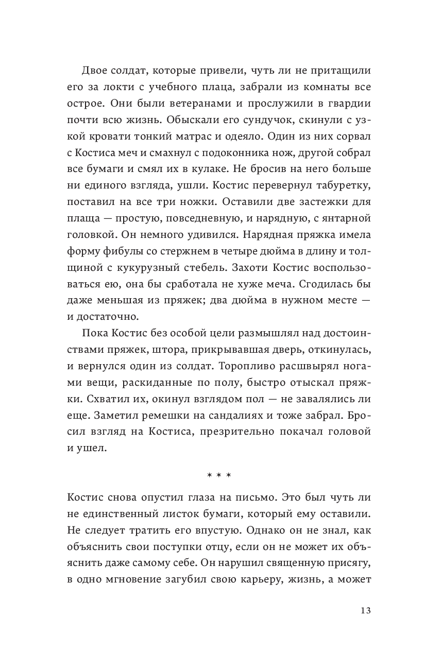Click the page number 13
click(x=365, y=611)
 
